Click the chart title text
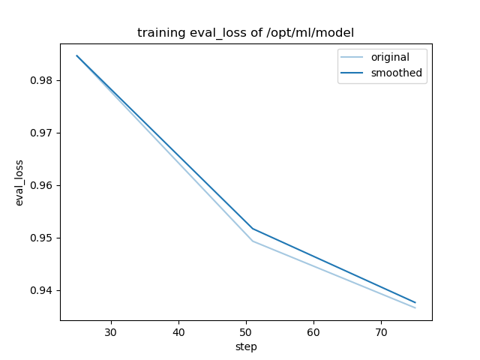245,33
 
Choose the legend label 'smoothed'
396,73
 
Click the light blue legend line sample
354,58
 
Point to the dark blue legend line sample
354,73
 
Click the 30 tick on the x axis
111,331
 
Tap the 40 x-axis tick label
178,331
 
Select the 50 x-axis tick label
246,331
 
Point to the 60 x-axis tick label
313,331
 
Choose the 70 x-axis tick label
381,331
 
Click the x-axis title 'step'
246,346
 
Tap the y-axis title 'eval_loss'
20,183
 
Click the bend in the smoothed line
253,228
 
